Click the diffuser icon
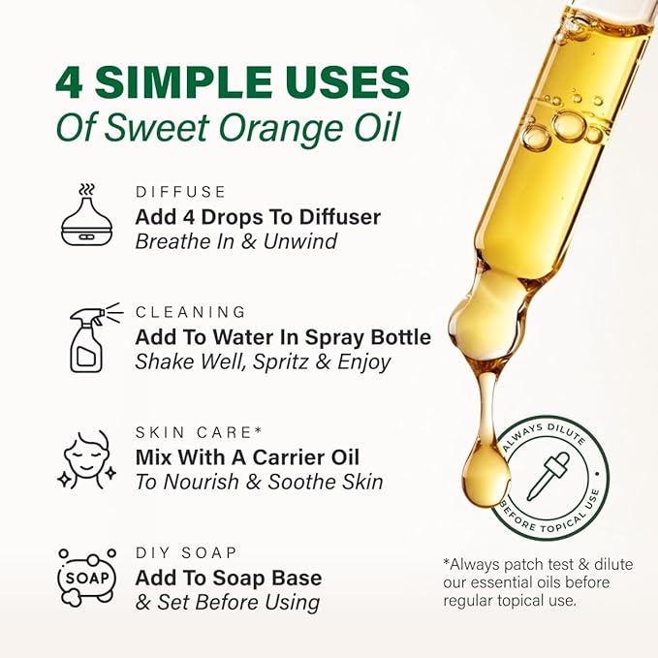coord(86,218)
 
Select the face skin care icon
coord(88,458)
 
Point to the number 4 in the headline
coord(70,83)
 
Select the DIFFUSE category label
coord(181,192)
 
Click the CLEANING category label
coord(191,312)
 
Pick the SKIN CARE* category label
coord(200,432)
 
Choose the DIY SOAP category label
coord(187,552)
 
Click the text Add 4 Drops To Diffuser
coord(258,217)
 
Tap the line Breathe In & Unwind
coord(235,242)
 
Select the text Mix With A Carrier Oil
coord(247,457)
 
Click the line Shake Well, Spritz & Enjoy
coord(263,362)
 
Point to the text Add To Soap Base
coord(229,579)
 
